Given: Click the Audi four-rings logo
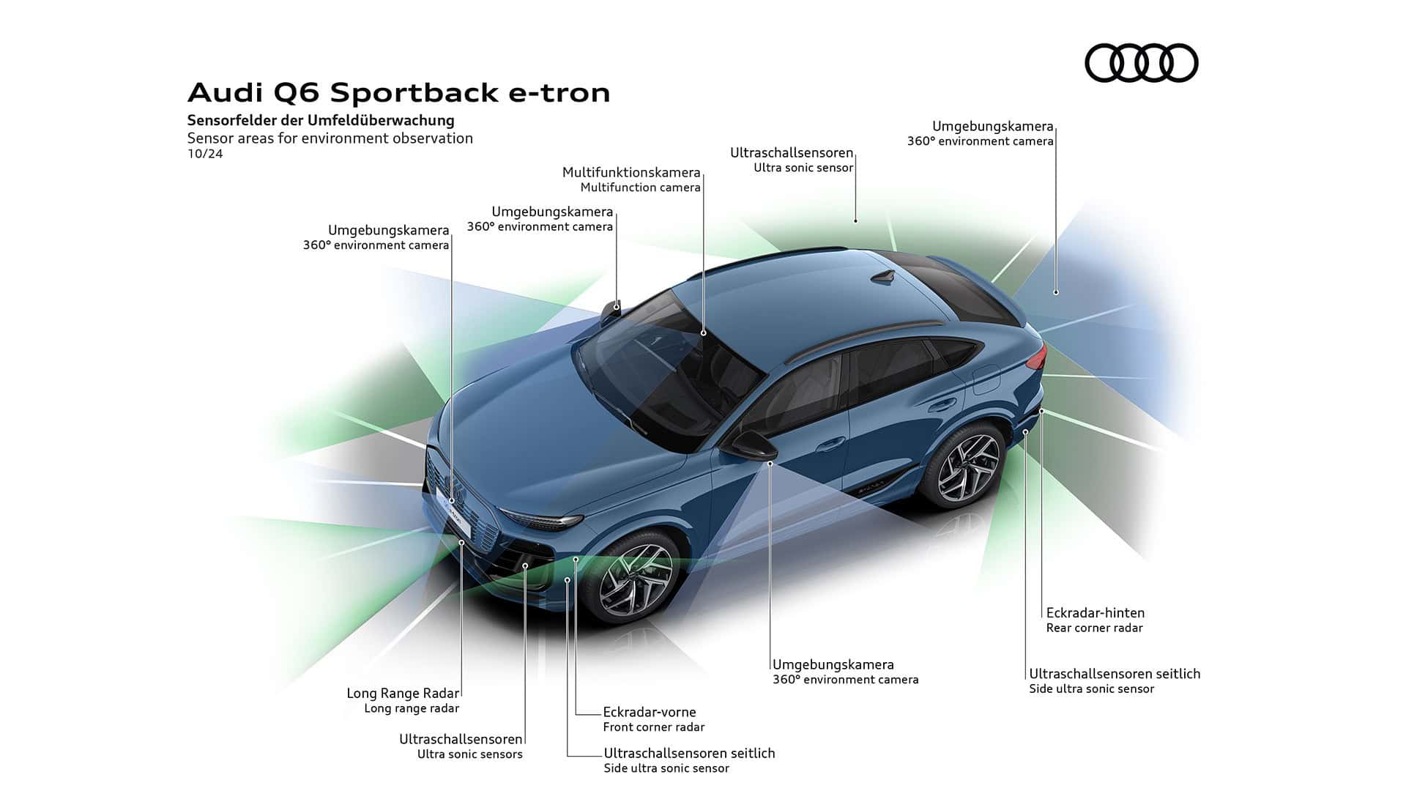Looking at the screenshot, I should click(x=1141, y=63).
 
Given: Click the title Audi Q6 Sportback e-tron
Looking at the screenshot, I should click(x=398, y=93).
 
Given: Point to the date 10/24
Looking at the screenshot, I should click(x=204, y=154).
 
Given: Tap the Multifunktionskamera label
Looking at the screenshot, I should click(x=631, y=173).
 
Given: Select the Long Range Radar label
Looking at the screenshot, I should click(x=403, y=693).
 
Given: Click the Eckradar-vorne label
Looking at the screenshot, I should click(x=649, y=712).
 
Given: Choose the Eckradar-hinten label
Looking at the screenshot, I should click(x=1095, y=613).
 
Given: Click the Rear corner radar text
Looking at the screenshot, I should click(x=1094, y=628).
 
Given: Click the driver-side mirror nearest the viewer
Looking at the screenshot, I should click(x=750, y=445).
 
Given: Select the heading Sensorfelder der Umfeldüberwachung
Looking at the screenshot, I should click(x=321, y=120).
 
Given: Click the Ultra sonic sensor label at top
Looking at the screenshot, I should click(x=803, y=168).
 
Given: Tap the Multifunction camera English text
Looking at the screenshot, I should click(x=640, y=187).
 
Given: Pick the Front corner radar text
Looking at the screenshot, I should click(x=653, y=727).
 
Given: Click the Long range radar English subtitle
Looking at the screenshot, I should click(x=412, y=708).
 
